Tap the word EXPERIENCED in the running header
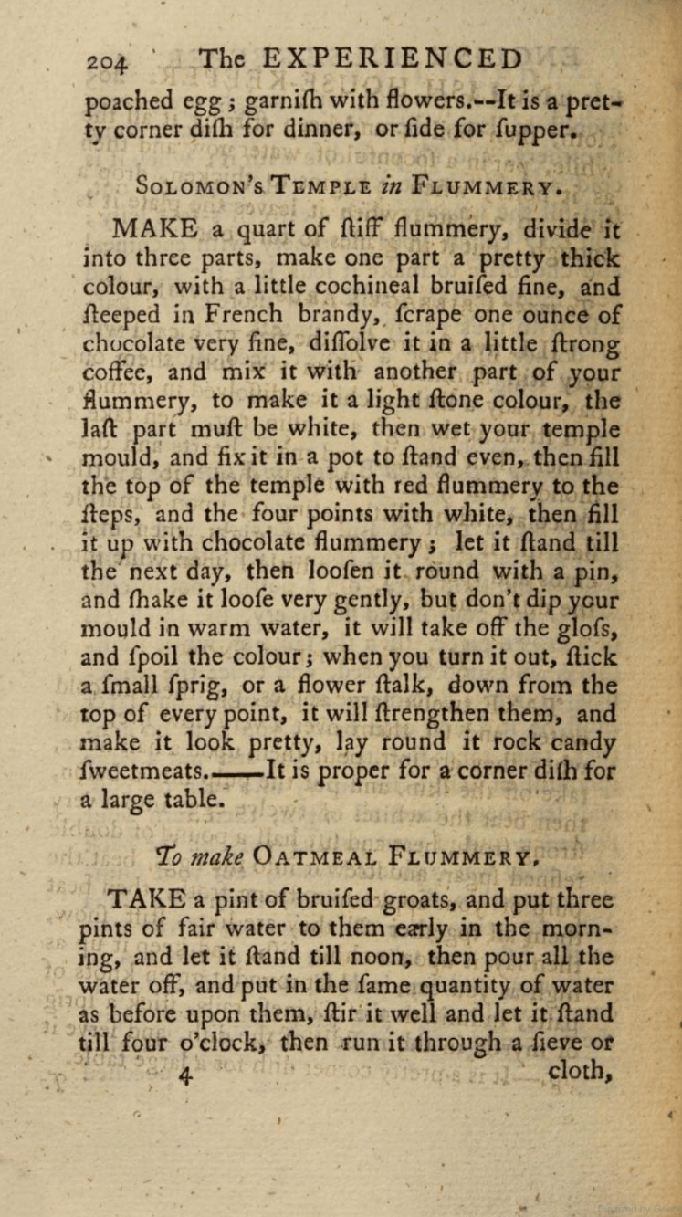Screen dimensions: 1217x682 click(393, 58)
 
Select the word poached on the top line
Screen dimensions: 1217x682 click(126, 103)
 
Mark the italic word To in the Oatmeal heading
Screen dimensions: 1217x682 click(172, 855)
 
